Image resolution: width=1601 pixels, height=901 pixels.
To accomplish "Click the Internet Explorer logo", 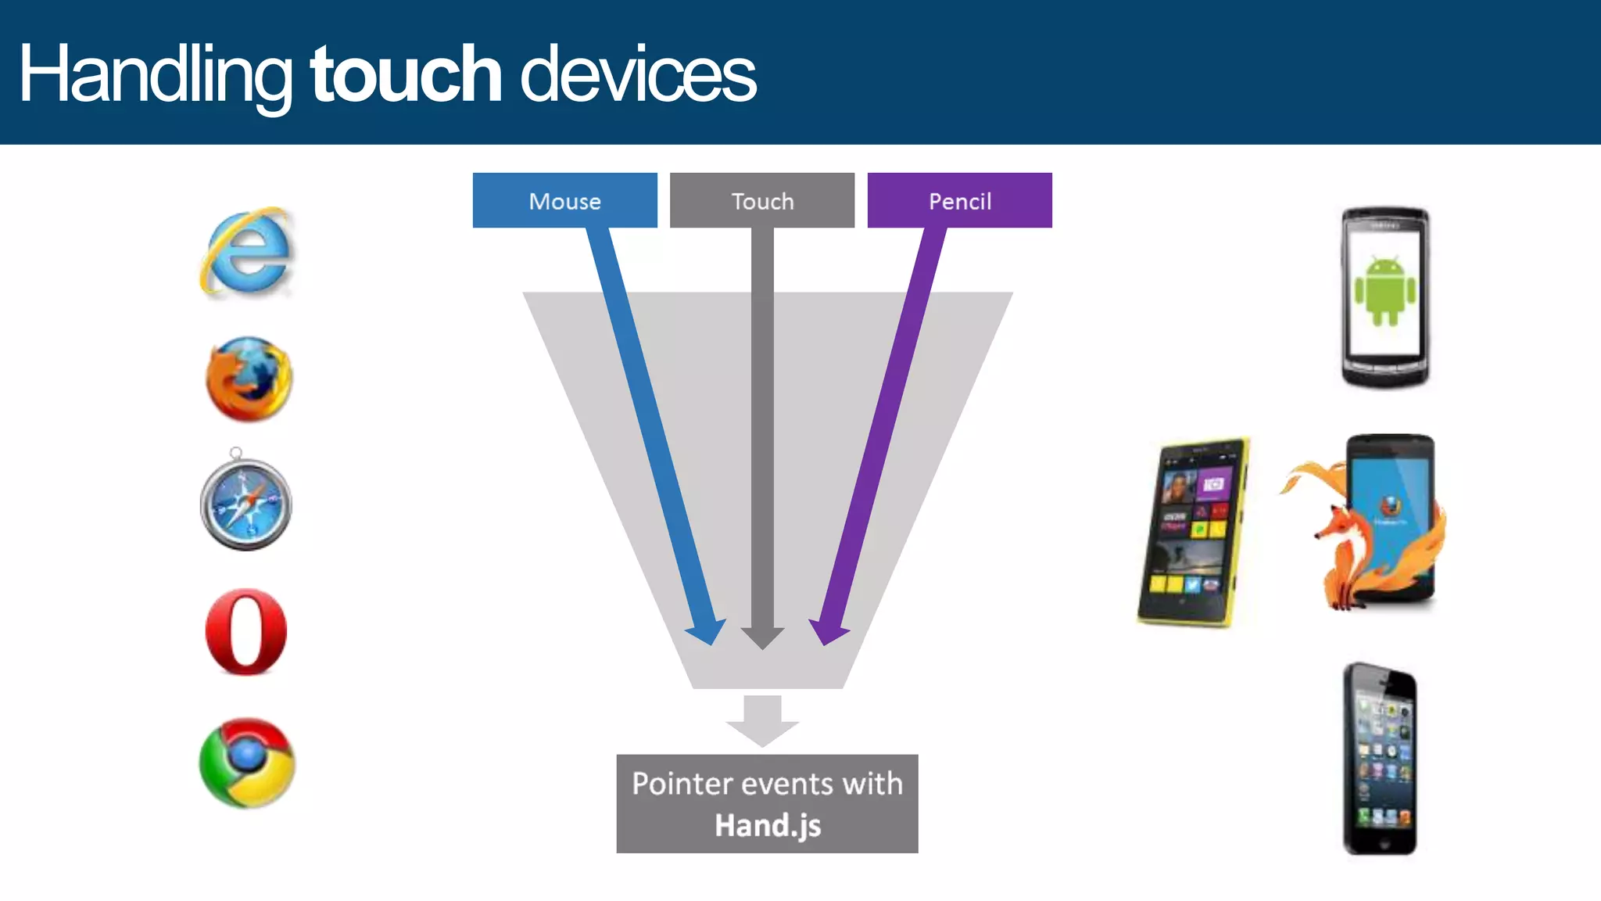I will click(247, 252).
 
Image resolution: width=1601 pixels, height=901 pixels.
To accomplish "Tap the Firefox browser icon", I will click(249, 379).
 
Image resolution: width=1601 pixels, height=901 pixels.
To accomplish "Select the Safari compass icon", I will click(246, 502).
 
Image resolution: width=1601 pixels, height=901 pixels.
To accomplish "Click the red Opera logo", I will click(246, 632).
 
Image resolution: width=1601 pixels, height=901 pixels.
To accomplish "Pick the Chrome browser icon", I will click(247, 763).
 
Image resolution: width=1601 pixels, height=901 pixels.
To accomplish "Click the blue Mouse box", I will click(564, 201).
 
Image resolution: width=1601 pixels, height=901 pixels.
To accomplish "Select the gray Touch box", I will click(762, 201).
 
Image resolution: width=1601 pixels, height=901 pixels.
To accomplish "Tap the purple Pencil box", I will click(959, 201).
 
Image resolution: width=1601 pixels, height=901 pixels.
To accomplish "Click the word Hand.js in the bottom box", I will click(768, 825).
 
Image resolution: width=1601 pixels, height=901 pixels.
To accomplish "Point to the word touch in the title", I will click(406, 74).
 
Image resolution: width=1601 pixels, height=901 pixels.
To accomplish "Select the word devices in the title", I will click(638, 74).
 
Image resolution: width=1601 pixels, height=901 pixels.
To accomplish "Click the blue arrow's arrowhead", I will click(707, 630).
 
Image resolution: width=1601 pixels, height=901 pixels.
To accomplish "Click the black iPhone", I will click(1380, 759).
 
